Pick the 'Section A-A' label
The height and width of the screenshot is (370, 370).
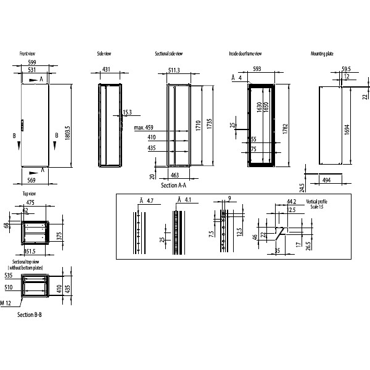tap(173, 185)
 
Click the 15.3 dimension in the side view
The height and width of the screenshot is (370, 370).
tap(128, 112)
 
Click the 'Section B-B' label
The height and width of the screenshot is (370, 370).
tap(30, 315)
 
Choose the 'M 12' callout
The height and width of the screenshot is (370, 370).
tap(7, 303)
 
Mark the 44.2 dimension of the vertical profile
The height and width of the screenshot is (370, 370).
tap(291, 202)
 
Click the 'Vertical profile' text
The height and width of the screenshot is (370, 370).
tap(318, 202)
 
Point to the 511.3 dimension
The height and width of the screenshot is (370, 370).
tap(173, 71)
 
